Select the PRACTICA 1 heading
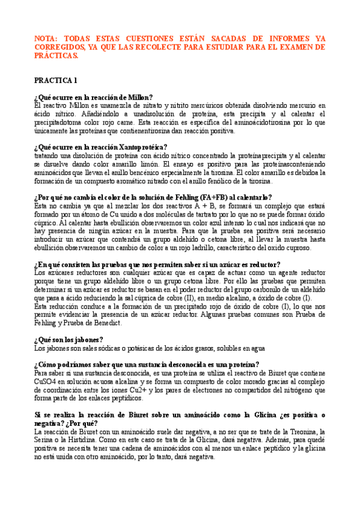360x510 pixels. pyautogui.click(x=56, y=80)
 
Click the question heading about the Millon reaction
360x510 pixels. pyautogui.click(x=93, y=97)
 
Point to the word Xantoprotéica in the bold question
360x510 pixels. pyautogui.click(x=138, y=147)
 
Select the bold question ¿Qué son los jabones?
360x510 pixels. pyautogui.click(x=69, y=339)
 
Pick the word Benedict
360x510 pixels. pyautogui.click(x=106, y=323)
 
